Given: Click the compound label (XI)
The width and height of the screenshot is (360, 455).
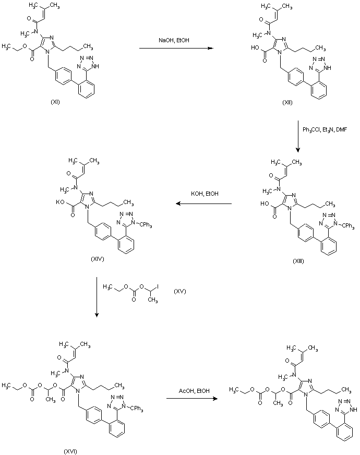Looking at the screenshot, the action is (55, 102).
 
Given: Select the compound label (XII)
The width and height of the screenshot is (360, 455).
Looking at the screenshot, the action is (287, 102).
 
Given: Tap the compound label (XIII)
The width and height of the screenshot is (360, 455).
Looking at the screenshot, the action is (298, 261).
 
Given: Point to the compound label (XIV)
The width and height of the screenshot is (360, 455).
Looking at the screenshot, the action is (97, 259).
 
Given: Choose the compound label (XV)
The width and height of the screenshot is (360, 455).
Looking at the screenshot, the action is (180, 291).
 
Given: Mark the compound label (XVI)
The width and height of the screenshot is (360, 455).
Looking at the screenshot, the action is (70, 451).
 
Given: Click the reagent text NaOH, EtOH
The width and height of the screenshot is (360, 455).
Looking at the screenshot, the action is (174, 40).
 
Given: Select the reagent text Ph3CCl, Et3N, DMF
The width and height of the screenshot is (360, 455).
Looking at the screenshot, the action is (325, 130).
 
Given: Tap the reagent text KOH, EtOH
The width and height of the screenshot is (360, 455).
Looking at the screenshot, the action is (205, 194).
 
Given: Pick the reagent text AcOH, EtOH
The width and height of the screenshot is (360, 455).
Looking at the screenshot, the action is (194, 391).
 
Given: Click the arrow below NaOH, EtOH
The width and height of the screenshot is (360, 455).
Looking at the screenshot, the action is (176, 48).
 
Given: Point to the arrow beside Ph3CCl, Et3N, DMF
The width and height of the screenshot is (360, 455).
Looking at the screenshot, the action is (297, 136).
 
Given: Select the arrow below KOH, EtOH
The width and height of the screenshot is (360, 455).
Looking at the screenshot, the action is (203, 203).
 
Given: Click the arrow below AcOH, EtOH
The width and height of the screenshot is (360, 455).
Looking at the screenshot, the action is (192, 399).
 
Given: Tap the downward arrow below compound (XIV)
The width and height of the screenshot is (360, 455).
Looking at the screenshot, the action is (97, 297).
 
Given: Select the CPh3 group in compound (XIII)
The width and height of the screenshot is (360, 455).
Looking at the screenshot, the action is (348, 226).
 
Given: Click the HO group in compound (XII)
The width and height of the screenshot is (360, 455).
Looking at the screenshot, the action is (255, 47).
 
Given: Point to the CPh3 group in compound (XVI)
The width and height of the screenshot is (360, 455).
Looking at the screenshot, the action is (136, 409).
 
